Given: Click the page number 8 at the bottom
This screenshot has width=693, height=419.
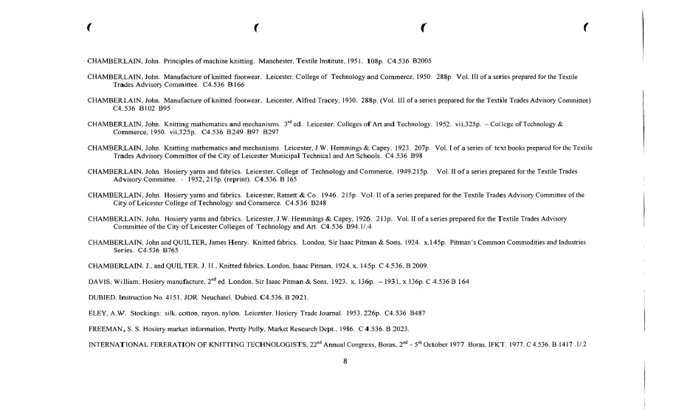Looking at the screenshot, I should tap(345, 361).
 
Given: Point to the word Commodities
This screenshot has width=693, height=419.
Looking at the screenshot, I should tap(527, 242).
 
